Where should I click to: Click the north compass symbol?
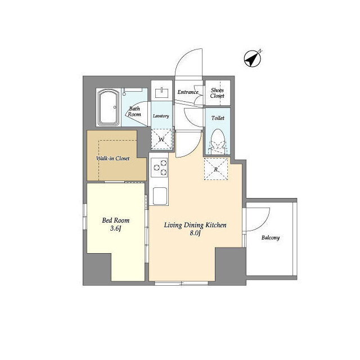(253, 58)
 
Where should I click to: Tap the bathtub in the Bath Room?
(109, 107)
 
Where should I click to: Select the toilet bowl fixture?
(218, 141)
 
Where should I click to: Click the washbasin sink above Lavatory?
(161, 92)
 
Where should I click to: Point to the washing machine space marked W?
(161, 139)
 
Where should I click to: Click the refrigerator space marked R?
(216, 169)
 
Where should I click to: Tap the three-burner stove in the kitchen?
(159, 168)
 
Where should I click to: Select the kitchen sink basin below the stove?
(160, 196)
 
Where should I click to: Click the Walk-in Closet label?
(112, 159)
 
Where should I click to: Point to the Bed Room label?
(116, 220)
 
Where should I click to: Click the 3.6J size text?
(115, 228)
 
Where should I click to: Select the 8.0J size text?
(195, 233)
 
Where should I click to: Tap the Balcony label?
(271, 237)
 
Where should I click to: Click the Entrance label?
(188, 92)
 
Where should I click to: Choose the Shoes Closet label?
(217, 93)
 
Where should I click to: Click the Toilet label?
(218, 118)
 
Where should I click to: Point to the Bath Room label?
(134, 111)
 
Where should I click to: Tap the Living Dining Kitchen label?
(195, 225)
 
